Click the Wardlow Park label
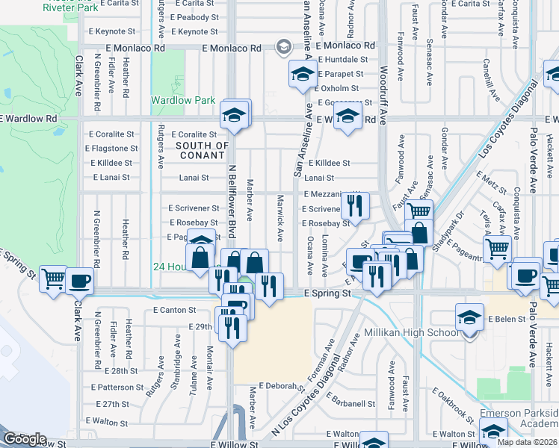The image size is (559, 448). coord(183,100)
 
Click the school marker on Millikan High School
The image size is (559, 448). coord(469,317)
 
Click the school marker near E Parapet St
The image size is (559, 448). coord(302,73)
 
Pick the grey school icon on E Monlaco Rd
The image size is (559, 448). coord(282,48)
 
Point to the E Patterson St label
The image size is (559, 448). coord(117,388)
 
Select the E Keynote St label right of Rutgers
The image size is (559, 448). coord(194,32)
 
